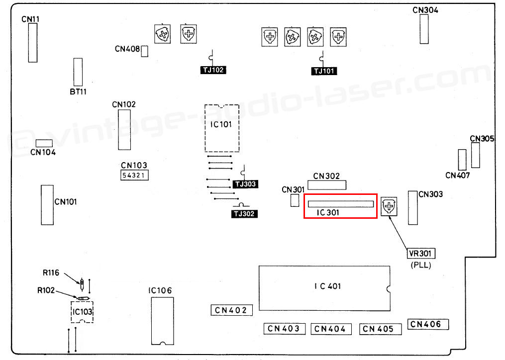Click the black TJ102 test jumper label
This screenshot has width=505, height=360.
213,70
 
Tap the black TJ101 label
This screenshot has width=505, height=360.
324,71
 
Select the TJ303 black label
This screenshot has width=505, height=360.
245,184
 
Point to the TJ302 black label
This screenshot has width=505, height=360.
244,214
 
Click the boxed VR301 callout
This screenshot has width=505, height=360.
421,254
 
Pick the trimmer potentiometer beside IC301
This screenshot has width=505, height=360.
389,206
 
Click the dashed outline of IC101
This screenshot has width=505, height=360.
205,128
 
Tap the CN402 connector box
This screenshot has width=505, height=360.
231,310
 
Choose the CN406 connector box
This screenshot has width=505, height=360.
428,324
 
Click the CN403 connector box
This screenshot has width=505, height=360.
285,329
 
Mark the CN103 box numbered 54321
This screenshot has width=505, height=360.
135,176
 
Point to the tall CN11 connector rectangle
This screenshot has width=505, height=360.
33,43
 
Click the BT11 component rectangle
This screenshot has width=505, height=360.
78,72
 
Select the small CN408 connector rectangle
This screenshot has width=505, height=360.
145,51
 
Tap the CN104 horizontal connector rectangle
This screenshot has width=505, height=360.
44,143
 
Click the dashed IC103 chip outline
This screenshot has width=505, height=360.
71,312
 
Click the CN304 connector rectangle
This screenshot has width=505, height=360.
424,29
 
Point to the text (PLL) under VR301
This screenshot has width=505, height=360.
421,266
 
